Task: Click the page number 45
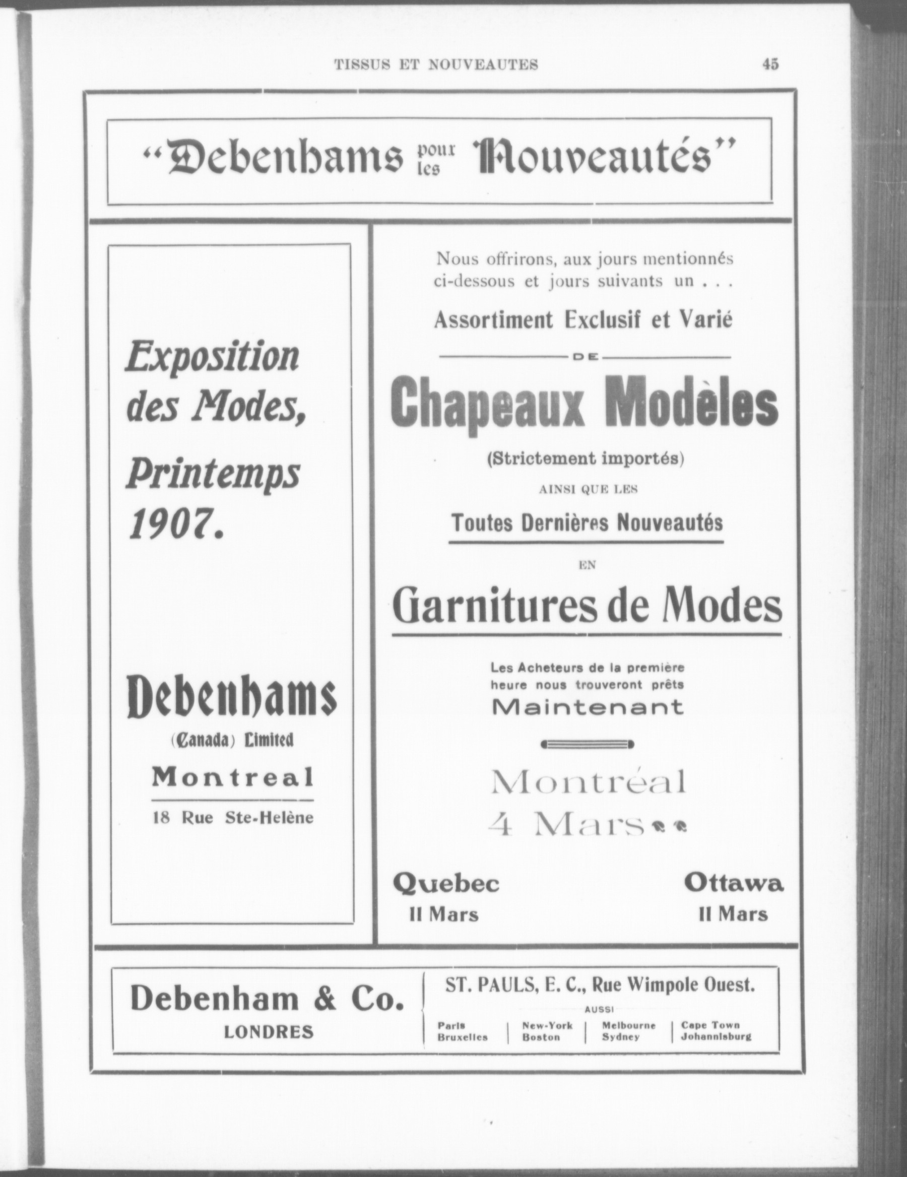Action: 770,64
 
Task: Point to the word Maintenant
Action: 588,706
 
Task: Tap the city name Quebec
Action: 446,884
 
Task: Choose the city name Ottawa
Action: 734,884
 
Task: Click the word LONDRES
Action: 269,1031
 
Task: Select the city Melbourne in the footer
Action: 628,1025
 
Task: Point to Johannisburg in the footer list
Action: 716,1037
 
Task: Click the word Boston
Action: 541,1037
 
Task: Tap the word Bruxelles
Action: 463,1037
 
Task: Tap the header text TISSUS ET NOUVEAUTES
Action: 436,64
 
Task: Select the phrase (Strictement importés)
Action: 585,459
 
